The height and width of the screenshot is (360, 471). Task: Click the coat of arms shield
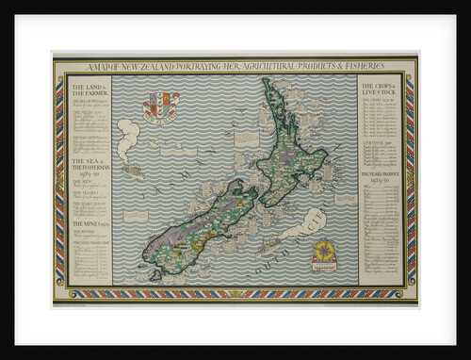click(x=160, y=105)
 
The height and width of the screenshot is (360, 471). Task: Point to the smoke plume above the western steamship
click(x=126, y=132)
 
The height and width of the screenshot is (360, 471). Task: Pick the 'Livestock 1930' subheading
click(x=377, y=144)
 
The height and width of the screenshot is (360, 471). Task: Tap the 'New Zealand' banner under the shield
click(x=160, y=121)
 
